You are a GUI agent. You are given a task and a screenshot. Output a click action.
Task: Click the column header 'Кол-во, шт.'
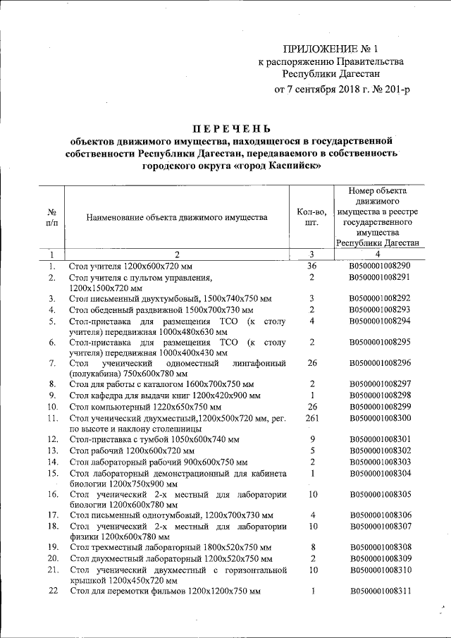(311, 218)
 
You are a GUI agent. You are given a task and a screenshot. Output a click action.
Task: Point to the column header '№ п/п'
(51, 218)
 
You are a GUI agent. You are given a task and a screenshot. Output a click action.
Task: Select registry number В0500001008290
(379, 266)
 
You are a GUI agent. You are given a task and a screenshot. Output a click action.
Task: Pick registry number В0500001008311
(379, 590)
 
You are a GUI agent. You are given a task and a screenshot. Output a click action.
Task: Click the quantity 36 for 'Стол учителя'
(311, 266)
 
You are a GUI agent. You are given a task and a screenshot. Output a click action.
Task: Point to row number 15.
(52, 474)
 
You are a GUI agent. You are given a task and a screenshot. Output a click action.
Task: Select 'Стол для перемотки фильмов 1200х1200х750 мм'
(165, 590)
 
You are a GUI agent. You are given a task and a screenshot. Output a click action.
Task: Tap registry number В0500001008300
(379, 418)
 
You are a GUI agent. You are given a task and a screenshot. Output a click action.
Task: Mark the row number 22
(52, 590)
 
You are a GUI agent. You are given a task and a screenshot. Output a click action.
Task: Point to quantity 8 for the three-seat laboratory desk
(311, 546)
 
